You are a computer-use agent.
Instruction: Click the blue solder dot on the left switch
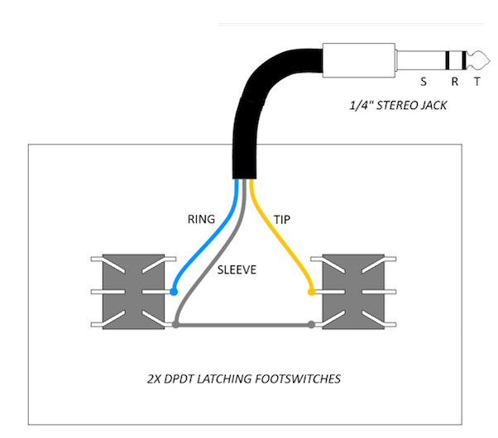coord(174,292)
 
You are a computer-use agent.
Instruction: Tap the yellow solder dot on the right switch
coord(312,292)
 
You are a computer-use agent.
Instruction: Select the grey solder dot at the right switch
coord(312,325)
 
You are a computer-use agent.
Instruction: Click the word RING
coord(201,219)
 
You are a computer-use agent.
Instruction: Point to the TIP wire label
coord(282,220)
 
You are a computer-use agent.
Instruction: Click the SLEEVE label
coord(237,269)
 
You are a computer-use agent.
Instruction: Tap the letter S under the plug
coord(424,82)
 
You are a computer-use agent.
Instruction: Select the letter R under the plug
coord(455,82)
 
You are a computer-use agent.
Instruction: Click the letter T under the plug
coord(477,82)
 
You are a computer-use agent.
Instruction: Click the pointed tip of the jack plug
coord(490,60)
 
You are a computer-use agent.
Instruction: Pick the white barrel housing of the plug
coord(359,60)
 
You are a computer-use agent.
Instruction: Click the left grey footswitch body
coord(133,292)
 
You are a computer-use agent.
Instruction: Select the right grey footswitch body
coord(353,292)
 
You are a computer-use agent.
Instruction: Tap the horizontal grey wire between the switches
coord(243,325)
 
